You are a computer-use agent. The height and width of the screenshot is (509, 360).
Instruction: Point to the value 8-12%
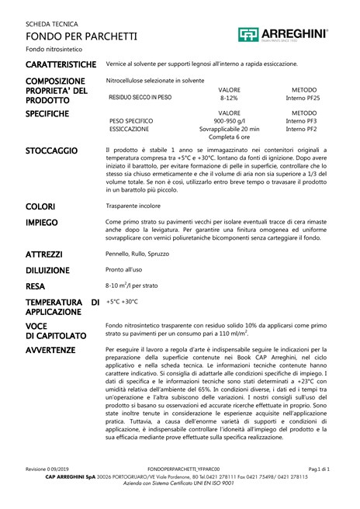[x=229, y=99]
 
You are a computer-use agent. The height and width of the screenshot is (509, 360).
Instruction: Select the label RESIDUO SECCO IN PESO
[x=140, y=98]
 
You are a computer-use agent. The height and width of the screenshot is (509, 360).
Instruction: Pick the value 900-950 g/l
[x=229, y=121]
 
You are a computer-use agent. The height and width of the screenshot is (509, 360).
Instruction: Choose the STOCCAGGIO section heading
[x=51, y=150]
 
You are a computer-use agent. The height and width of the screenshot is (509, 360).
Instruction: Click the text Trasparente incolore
[x=133, y=206]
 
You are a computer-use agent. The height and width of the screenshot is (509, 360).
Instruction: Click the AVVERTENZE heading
[x=50, y=350]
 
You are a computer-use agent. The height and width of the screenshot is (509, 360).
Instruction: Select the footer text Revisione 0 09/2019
[x=47, y=469]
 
